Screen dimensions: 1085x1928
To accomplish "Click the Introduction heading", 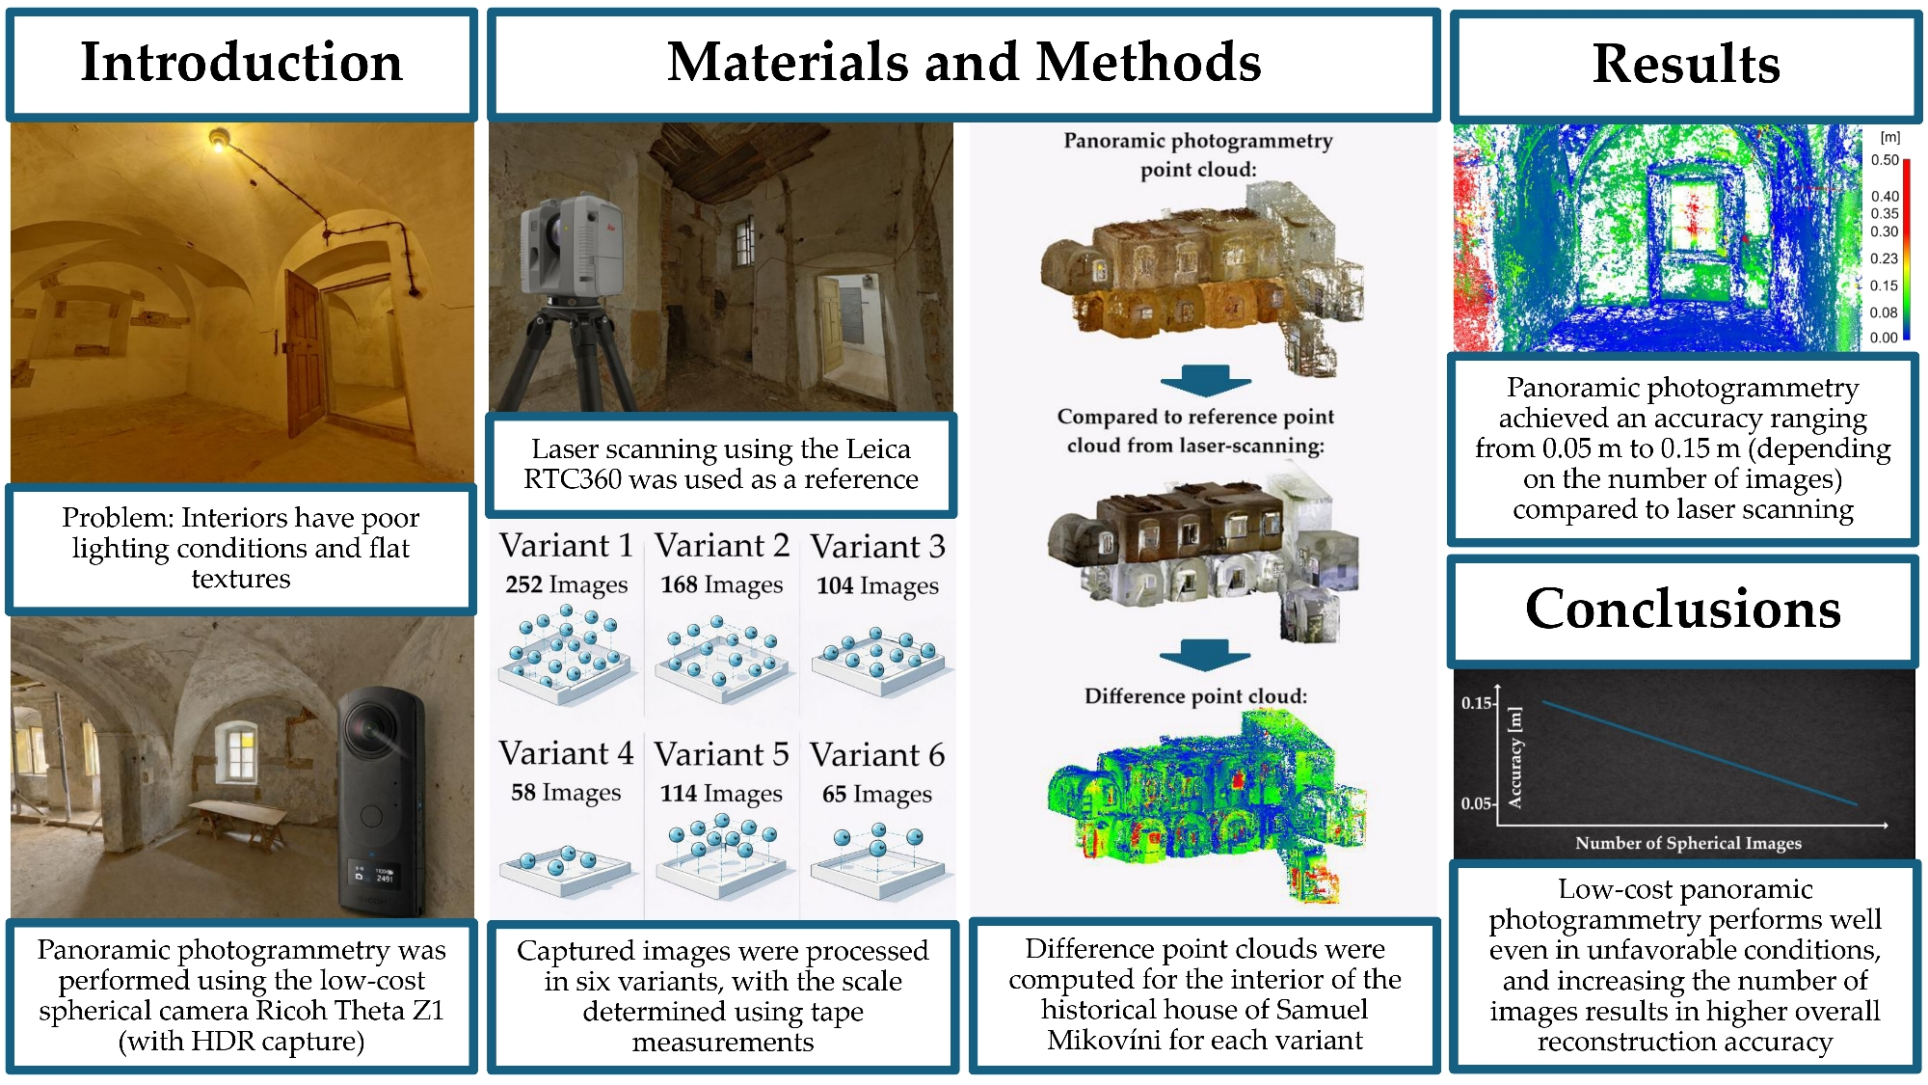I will tap(241, 63).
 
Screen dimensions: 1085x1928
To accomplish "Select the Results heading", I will tap(1685, 65).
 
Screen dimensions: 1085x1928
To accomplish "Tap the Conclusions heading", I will tap(1682, 610).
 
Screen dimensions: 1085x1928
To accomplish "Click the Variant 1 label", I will tap(566, 546).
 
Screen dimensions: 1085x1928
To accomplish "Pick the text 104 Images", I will tap(877, 586).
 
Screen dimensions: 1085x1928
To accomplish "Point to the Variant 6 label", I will tap(877, 755).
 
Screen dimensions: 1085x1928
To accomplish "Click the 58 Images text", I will tap(566, 793).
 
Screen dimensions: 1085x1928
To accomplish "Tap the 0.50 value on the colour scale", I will tap(1884, 160).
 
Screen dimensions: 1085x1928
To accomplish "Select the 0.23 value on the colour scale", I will tap(1884, 258).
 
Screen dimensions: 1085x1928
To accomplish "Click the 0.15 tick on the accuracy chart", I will tap(1477, 703).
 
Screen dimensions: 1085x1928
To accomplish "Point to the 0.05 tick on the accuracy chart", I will tap(1477, 803).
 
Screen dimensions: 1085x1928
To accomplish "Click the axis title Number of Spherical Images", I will tap(1688, 843).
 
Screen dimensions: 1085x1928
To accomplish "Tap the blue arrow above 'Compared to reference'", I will tap(1205, 381).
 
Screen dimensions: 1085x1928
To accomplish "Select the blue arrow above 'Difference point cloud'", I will tap(1205, 655).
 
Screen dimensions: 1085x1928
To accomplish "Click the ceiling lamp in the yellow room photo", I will tap(219, 141).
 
